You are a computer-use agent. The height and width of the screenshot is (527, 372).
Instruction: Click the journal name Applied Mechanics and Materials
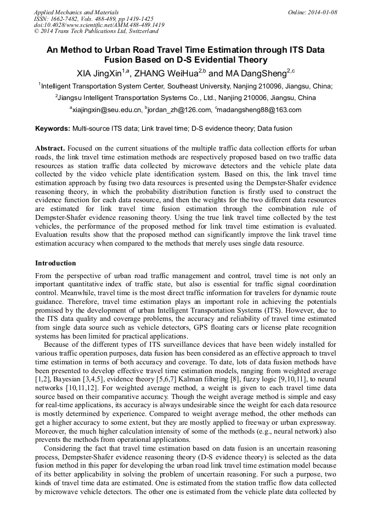click(76, 12)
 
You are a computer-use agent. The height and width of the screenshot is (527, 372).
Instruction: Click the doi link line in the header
click(99, 25)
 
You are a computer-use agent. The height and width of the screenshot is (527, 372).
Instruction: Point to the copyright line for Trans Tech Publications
click(96, 31)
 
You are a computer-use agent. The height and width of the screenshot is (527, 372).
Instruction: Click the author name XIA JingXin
click(100, 73)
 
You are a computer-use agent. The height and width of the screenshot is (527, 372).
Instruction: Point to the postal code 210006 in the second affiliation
click(251, 98)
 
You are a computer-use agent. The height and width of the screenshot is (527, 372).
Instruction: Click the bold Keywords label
click(53, 129)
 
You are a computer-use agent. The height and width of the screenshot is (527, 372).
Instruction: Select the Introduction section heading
click(55, 263)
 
